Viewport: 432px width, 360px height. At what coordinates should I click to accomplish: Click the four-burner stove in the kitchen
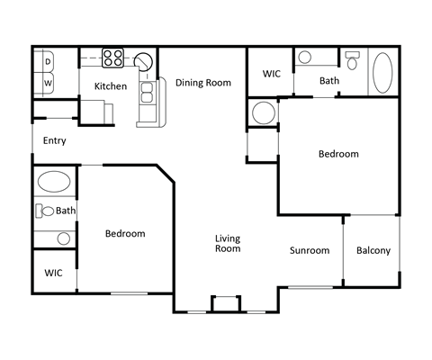coord(112,58)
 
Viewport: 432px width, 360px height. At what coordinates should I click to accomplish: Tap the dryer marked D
coord(48,62)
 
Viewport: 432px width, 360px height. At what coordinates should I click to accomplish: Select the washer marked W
coord(48,84)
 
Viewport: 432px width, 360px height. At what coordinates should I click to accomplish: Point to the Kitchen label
coord(110,86)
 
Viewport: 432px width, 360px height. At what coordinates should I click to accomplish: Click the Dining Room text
coord(202,83)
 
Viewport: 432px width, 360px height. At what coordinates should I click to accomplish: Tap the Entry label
coord(54,140)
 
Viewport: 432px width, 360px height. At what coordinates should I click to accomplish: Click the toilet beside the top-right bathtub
coord(354,61)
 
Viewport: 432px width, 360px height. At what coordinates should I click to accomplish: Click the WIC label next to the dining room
coord(271,74)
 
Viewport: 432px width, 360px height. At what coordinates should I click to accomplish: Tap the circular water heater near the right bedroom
coord(264,114)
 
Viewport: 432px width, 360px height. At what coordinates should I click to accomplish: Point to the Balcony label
coord(373,251)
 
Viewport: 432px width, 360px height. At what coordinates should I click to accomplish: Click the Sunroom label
coord(309,251)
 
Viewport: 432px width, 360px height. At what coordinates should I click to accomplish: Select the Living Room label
coord(227,243)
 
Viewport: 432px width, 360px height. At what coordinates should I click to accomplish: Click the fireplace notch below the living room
coord(225,302)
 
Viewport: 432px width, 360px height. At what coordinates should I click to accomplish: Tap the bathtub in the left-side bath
coord(55,183)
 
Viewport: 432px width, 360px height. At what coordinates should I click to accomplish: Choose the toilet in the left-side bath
coord(42,211)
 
